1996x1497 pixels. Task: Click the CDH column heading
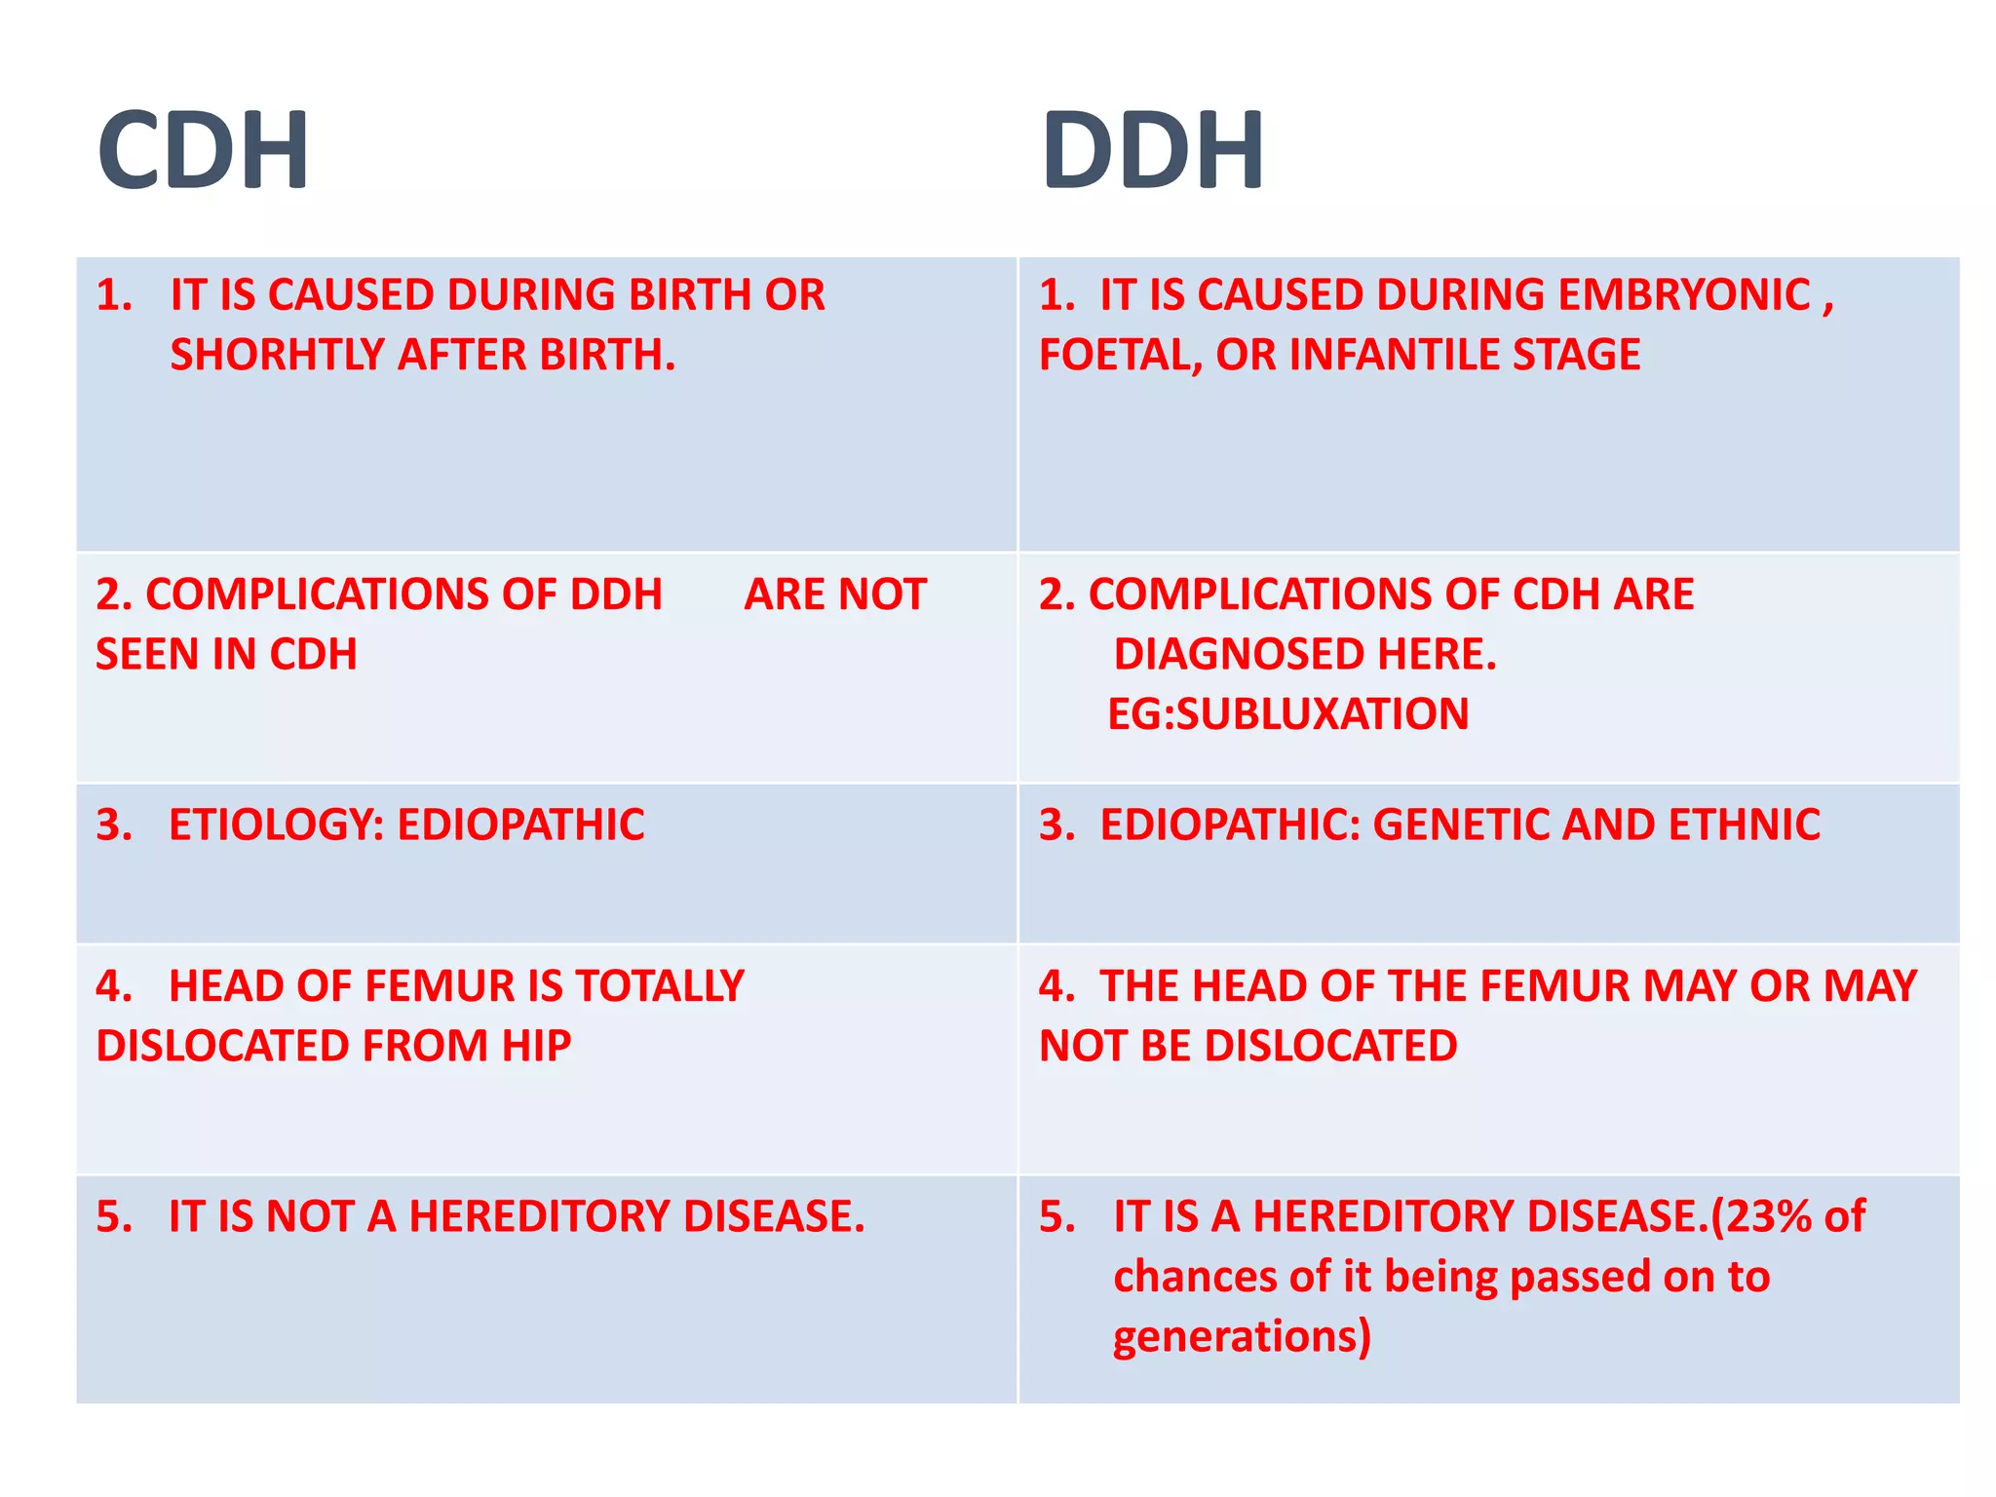pyautogui.click(x=203, y=150)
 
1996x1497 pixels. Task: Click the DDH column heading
pyautogui.click(x=1152, y=150)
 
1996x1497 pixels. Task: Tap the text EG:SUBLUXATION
pyautogui.click(x=1287, y=714)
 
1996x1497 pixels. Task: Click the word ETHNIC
pyautogui.click(x=1744, y=825)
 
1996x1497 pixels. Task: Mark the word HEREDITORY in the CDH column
pyautogui.click(x=539, y=1216)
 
